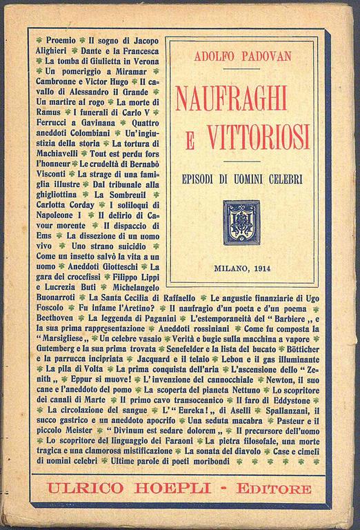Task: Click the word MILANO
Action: (230, 267)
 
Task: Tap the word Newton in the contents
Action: (290, 380)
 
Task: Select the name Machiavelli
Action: (62, 153)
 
